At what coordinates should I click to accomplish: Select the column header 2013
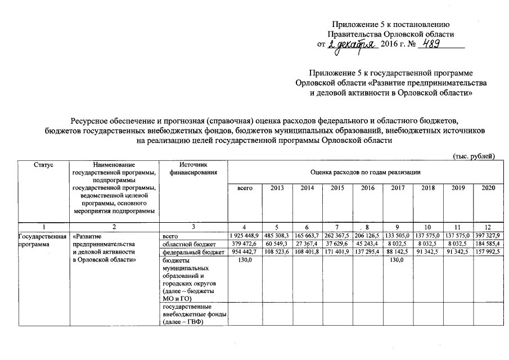(277, 188)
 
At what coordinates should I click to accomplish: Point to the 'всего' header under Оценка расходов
(245, 188)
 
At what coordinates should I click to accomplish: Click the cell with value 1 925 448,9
(245, 235)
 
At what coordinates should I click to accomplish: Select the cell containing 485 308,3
(277, 235)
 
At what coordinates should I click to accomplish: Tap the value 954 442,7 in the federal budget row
(245, 253)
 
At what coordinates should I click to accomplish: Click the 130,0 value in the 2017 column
(397, 261)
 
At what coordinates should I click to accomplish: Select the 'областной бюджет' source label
(186, 244)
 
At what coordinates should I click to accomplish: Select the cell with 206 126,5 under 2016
(367, 235)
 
